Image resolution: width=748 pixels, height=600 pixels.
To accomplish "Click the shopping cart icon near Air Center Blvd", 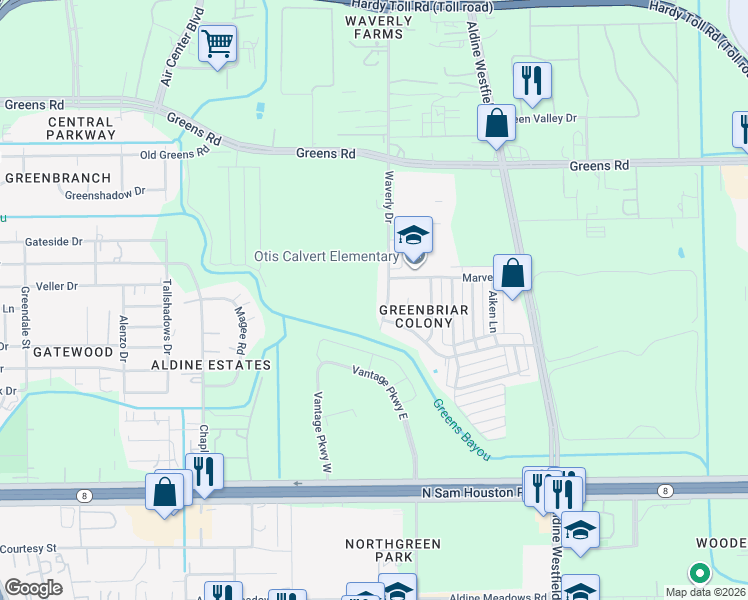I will coord(217,44).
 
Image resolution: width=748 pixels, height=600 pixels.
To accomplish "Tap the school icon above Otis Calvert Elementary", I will coord(413,236).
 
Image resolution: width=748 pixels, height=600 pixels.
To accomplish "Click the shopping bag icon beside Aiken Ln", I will coord(512,273).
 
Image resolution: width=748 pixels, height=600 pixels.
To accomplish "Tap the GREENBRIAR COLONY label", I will coord(424,317).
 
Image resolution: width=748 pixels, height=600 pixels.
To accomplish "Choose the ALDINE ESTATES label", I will coord(211,365).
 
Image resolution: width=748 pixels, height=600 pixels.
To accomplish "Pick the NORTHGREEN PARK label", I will coord(379,549).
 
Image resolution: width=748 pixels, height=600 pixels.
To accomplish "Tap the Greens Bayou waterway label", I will coord(461,429).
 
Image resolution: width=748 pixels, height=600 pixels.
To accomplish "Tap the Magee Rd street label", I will coord(241,330).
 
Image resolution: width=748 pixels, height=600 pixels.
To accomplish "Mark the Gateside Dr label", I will coord(55,241).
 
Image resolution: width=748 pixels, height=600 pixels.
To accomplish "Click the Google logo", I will coord(33,588).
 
